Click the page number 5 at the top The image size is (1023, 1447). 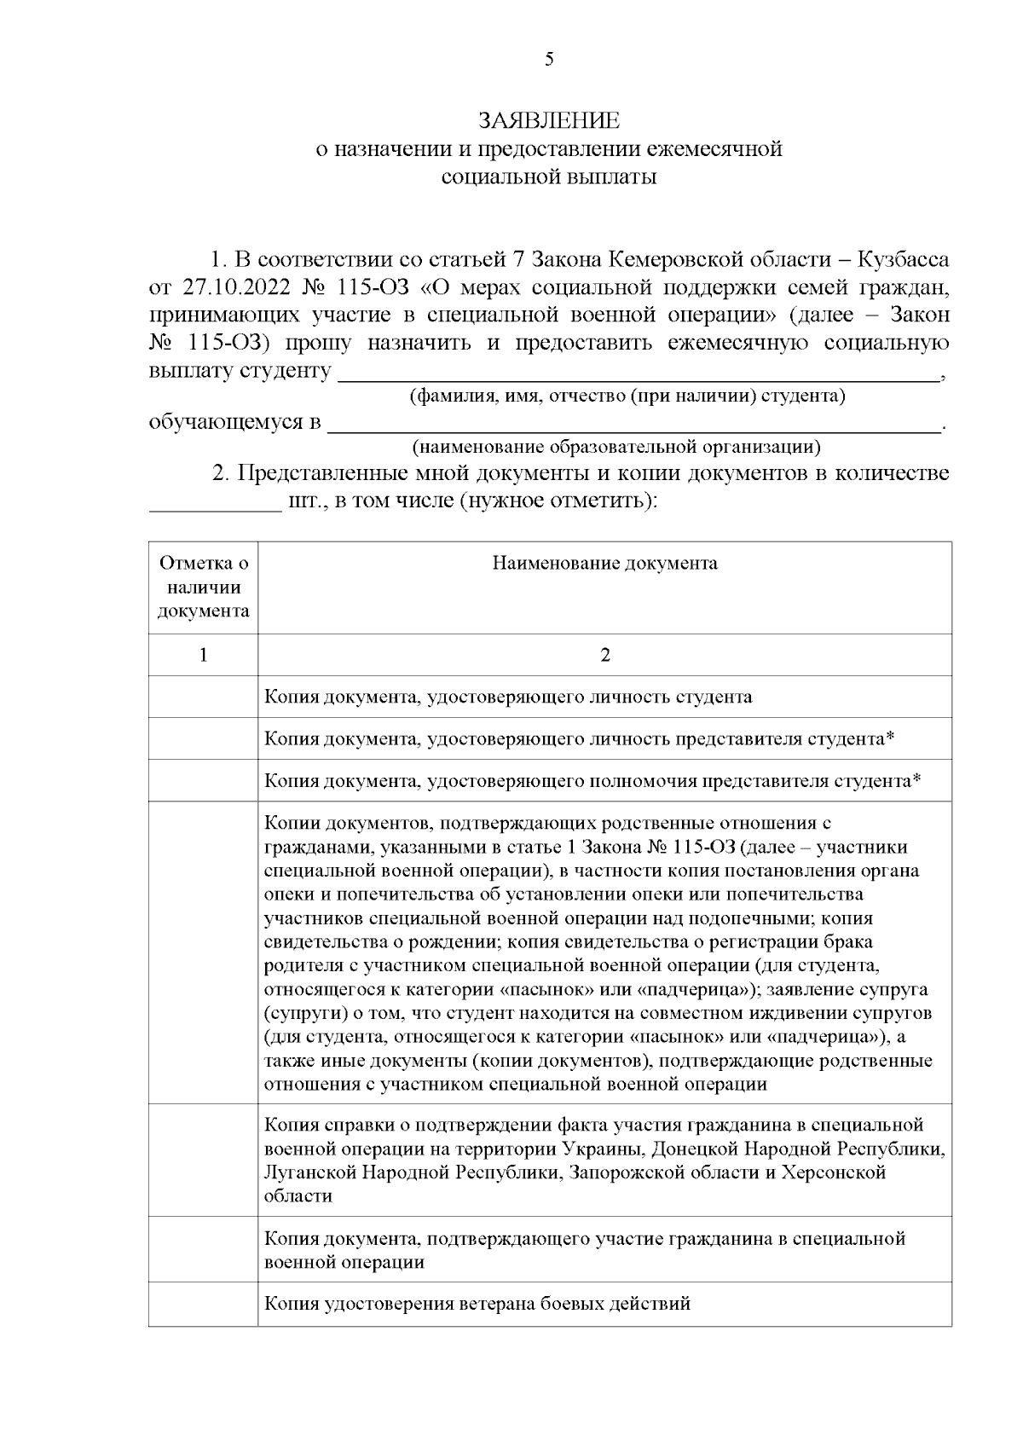point(549,59)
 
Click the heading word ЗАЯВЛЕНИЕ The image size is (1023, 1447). point(549,120)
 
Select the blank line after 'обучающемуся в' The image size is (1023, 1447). point(634,423)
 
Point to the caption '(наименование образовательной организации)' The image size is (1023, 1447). point(616,447)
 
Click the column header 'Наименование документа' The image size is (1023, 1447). point(604,564)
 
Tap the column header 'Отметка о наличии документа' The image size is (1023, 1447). point(204,587)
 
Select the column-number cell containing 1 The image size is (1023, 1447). point(204,655)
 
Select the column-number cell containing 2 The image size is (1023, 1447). point(604,655)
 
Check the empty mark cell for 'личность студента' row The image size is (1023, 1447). point(204,697)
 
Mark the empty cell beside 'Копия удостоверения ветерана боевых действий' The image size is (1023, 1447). point(204,1304)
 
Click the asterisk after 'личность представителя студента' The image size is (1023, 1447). point(890,738)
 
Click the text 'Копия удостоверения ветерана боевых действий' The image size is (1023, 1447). point(477,1304)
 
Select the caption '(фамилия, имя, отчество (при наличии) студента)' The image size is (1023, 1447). point(627,396)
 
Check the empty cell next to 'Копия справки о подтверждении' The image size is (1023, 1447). point(204,1160)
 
